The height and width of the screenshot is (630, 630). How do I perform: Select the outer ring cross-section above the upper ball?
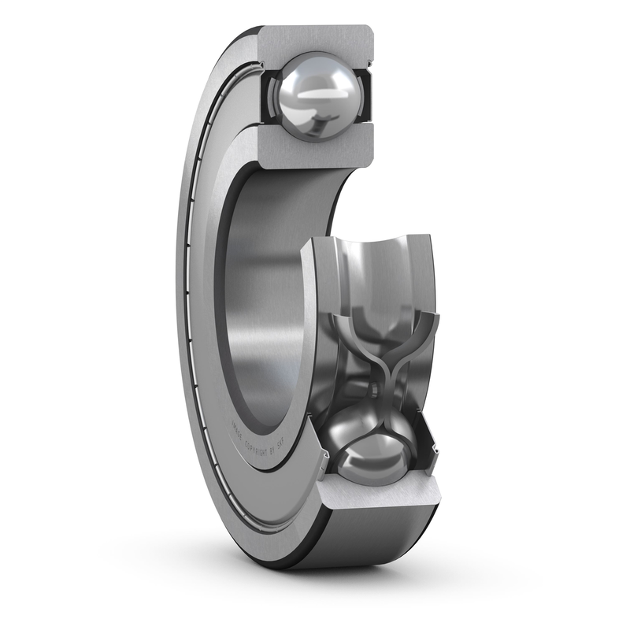point(315,39)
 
